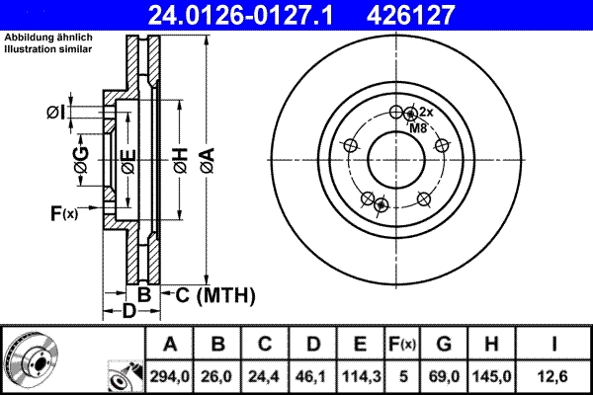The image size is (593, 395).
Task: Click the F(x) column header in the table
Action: [x=401, y=345]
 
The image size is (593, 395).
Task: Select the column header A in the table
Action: [x=170, y=345]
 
